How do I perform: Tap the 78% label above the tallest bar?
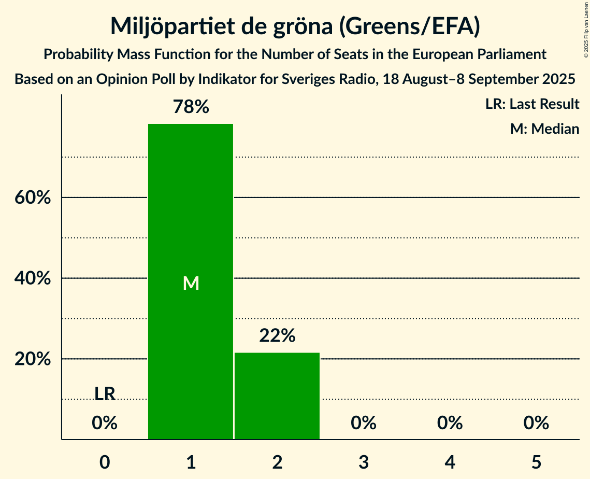tap(191, 107)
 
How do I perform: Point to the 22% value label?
tap(277, 336)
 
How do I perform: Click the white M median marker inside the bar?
tap(191, 283)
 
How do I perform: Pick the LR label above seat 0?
tap(105, 393)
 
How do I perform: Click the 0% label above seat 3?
tap(363, 423)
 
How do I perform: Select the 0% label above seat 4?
tap(450, 423)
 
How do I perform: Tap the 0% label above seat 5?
tap(536, 423)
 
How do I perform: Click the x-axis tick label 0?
tap(105, 461)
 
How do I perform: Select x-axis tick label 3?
tap(363, 461)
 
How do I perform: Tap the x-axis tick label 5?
tap(536, 461)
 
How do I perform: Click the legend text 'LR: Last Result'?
tap(532, 104)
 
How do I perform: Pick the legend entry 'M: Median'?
tap(544, 129)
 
